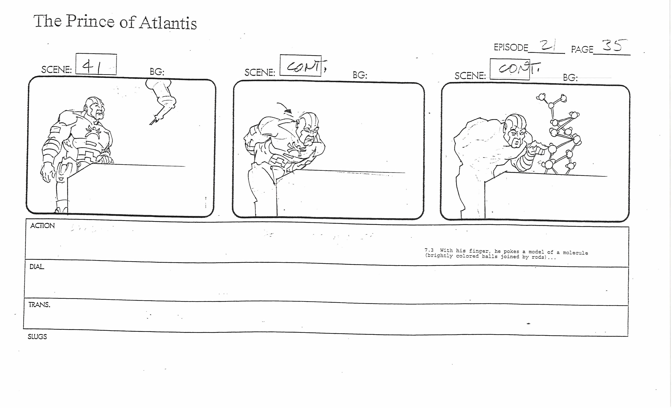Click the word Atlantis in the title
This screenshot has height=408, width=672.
pyautogui.click(x=168, y=23)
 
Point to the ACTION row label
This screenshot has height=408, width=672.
pyautogui.click(x=43, y=226)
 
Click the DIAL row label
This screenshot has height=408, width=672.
pyautogui.click(x=37, y=267)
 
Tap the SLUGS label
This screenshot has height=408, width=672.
pyautogui.click(x=37, y=337)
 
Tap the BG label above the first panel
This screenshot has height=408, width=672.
pyautogui.click(x=157, y=72)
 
